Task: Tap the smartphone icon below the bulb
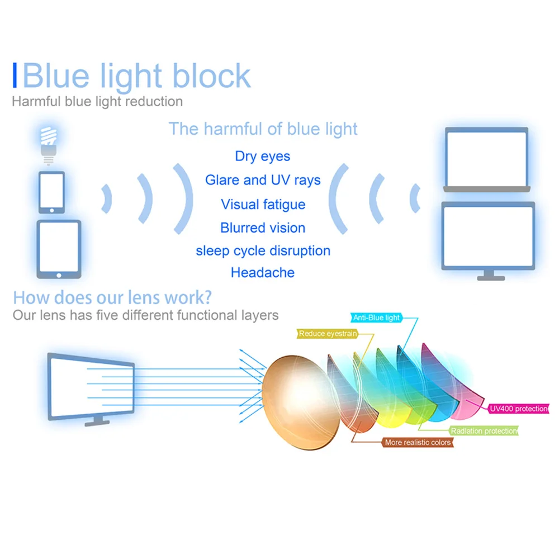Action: click(51, 192)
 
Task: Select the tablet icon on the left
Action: click(59, 248)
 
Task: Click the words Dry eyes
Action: click(263, 156)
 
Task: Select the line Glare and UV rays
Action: click(263, 180)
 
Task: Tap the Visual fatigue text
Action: click(263, 204)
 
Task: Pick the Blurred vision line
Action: click(263, 228)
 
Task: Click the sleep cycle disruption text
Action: click(263, 251)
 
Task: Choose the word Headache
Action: click(263, 273)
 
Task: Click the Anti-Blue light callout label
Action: click(377, 318)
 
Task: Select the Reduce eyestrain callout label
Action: click(328, 334)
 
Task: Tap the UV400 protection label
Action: click(518, 409)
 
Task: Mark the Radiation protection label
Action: click(484, 431)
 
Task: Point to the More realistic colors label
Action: click(418, 442)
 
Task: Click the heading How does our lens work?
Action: click(112, 296)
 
